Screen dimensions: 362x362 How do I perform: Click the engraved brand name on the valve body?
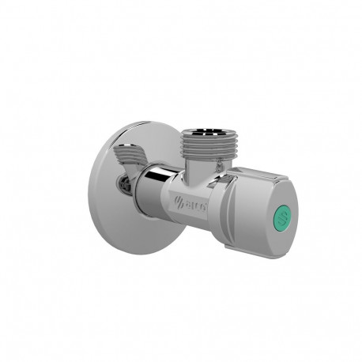(x=194, y=202)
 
